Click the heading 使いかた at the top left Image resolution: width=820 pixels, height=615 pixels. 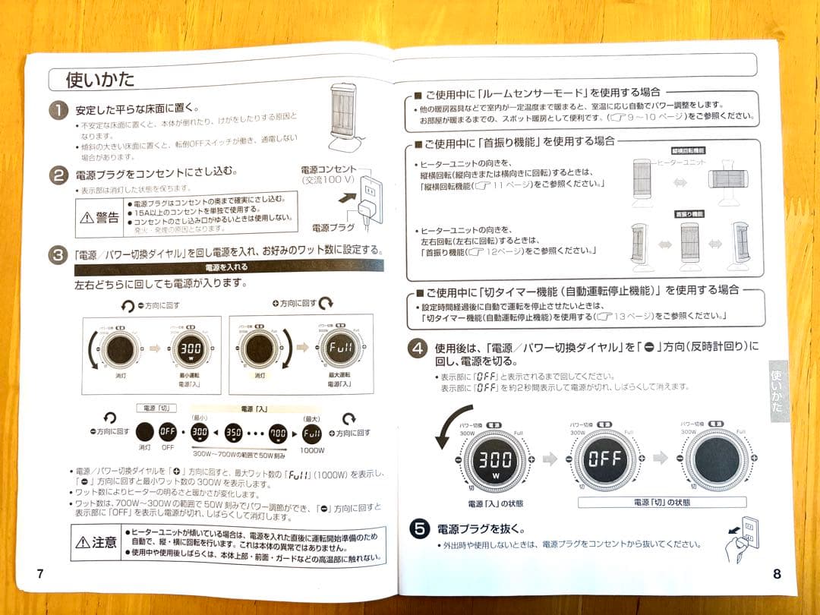(100, 79)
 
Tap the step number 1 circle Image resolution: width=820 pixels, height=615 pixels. (59, 111)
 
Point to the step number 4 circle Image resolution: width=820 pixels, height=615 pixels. (418, 350)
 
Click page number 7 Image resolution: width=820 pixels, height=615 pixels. (40, 573)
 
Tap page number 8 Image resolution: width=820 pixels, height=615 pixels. (776, 574)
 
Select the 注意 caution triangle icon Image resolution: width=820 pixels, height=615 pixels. (82, 542)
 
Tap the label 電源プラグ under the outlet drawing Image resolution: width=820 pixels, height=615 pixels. (332, 227)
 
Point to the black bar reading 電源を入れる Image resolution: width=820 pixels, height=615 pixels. (227, 267)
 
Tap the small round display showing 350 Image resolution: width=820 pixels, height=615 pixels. (233, 434)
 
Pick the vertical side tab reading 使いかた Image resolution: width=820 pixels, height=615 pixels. (777, 390)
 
